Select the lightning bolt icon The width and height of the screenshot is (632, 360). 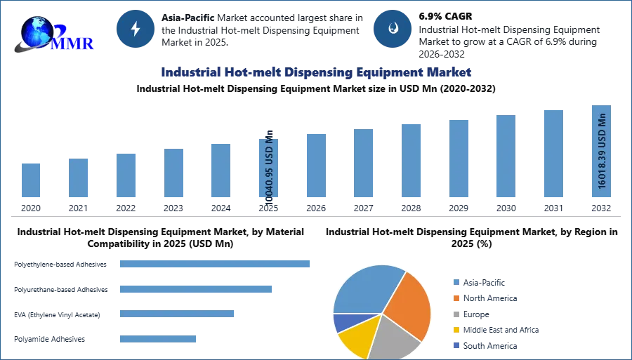point(136,29)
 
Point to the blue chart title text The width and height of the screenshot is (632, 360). point(315,72)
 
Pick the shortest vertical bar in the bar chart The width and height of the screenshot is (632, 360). point(31,182)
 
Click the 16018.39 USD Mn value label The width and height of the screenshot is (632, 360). point(602,150)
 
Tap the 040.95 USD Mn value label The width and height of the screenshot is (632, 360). point(270,167)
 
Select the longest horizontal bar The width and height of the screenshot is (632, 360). point(216,264)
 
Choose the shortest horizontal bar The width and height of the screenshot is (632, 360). point(157,338)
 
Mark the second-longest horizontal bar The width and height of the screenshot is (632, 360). point(196,288)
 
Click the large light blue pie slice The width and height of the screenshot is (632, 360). point(365,288)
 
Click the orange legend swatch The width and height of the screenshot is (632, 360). point(455,298)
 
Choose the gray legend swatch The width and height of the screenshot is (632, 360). point(455,314)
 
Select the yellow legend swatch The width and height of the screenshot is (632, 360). point(455,331)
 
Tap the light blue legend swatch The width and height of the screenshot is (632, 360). point(455,281)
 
